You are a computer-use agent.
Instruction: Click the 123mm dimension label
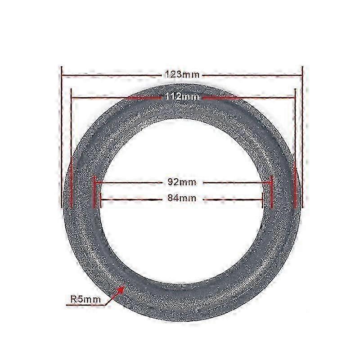pos(182,75)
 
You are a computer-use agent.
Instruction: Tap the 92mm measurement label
pos(180,182)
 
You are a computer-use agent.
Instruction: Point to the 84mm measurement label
pos(180,197)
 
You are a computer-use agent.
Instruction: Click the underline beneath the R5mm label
pos(85,305)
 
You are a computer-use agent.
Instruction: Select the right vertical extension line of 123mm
pos(302,135)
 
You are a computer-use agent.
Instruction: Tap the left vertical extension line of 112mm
pos(72,148)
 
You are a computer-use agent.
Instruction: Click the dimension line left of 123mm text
pos(112,75)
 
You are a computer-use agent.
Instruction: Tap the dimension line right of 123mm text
pos(252,75)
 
